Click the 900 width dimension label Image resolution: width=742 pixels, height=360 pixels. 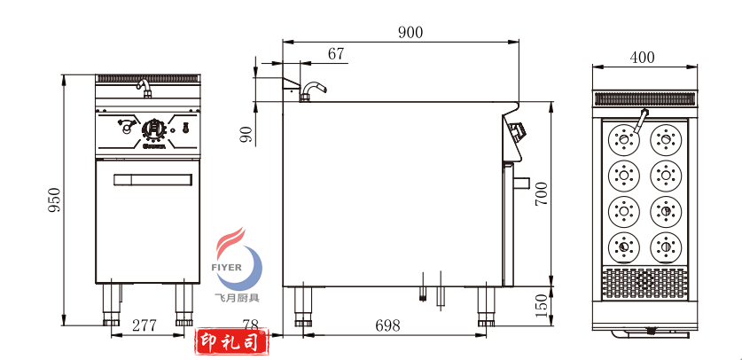click(x=410, y=32)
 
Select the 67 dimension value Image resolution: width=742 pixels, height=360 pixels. click(x=336, y=54)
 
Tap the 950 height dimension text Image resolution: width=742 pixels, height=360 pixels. click(x=53, y=201)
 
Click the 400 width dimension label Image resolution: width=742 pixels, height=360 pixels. click(x=642, y=58)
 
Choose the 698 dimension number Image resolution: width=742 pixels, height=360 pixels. click(x=388, y=325)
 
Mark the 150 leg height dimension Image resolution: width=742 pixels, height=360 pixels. click(x=542, y=306)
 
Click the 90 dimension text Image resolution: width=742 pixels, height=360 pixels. click(x=246, y=134)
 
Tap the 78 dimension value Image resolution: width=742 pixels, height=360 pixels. click(x=251, y=325)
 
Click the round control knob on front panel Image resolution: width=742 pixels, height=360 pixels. click(x=154, y=129)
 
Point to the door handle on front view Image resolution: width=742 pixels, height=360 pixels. click(x=152, y=181)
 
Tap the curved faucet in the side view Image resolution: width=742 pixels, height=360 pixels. click(x=313, y=89)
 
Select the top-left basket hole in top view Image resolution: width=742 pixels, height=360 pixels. click(x=624, y=139)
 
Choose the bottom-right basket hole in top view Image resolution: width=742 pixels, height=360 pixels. click(x=665, y=246)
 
